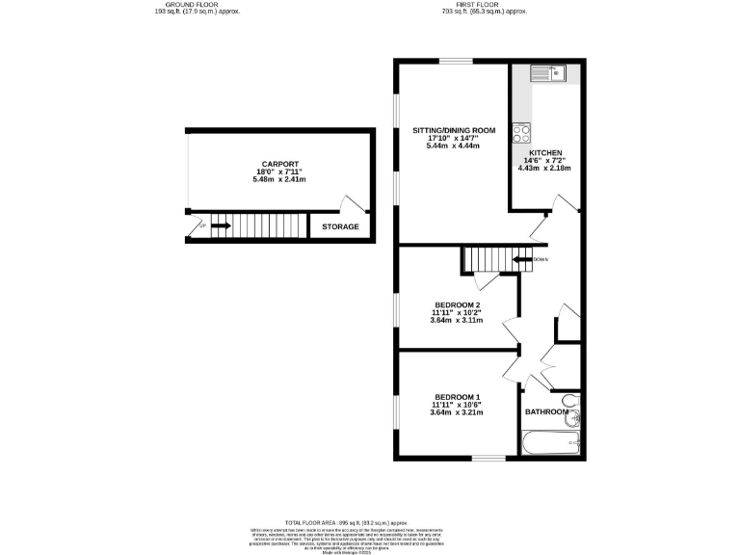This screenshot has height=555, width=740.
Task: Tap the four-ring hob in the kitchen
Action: point(521,132)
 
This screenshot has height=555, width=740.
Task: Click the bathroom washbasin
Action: point(575,418)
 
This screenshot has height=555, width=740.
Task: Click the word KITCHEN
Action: point(544,151)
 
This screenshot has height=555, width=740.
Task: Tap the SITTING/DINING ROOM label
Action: point(454,130)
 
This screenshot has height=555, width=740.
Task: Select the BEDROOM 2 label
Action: point(457,304)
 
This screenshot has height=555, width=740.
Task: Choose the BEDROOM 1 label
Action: point(457,397)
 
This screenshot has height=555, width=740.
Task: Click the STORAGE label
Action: point(340,227)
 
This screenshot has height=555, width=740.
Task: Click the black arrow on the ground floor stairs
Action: point(221,226)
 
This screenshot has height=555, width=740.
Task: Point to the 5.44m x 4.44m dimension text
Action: point(454,147)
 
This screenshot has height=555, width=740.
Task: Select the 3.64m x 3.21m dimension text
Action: point(457,413)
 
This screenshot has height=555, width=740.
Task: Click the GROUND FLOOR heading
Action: point(198,4)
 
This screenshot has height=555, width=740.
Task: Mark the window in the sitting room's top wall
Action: point(457,61)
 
